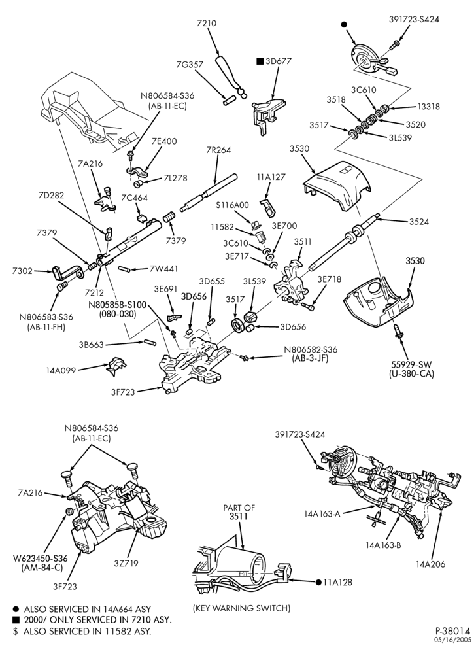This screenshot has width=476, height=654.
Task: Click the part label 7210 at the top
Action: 207,24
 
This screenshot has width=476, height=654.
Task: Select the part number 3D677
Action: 279,61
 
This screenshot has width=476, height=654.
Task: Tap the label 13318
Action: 428,107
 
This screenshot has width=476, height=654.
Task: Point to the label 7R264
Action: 218,150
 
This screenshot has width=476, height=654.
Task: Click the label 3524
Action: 419,222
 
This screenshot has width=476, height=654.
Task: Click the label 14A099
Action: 62,370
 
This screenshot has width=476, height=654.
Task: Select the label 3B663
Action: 92,345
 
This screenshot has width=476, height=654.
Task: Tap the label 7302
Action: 22,271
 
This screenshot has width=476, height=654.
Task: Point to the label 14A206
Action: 430,564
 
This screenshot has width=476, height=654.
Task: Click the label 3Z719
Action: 126,563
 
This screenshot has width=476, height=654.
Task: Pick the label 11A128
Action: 337,582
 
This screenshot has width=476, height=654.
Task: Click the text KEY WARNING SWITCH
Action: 242,608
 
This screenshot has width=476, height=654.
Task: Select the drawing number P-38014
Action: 453,630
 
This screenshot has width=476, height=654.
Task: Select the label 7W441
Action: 161,269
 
